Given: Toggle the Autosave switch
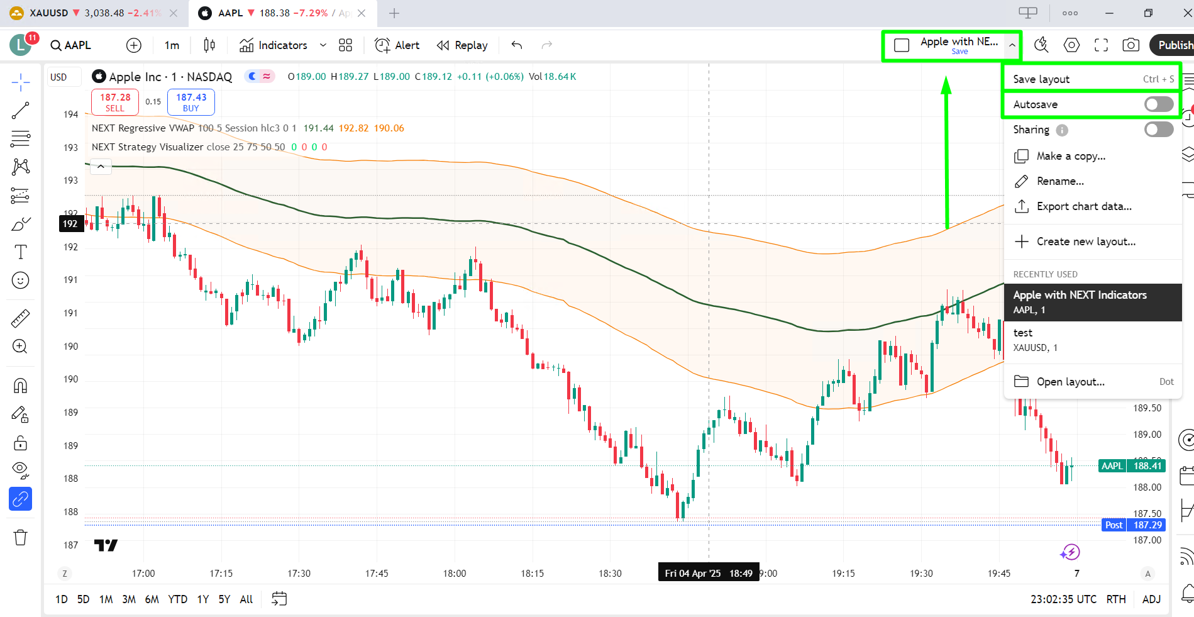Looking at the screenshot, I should pos(1158,104).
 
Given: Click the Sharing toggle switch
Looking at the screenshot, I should pos(1158,130).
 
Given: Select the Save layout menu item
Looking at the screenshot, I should pos(1041,79).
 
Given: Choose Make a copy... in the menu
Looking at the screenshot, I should pos(1070,156).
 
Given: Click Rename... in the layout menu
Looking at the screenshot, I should pos(1059,181).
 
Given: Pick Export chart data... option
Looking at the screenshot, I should pos(1083,206).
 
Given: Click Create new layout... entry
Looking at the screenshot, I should pos(1085,242).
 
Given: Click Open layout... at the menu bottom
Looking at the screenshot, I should pos(1070,382).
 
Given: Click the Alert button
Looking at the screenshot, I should pos(397,45).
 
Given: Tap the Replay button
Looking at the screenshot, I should pos(463,45).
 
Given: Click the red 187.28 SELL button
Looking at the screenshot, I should pos(115,102).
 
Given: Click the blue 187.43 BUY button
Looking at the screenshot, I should pos(191,102).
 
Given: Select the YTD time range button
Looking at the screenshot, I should pos(177,599).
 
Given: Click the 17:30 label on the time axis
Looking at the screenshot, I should pos(299,574).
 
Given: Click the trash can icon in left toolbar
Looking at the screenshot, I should pos(21,538).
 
